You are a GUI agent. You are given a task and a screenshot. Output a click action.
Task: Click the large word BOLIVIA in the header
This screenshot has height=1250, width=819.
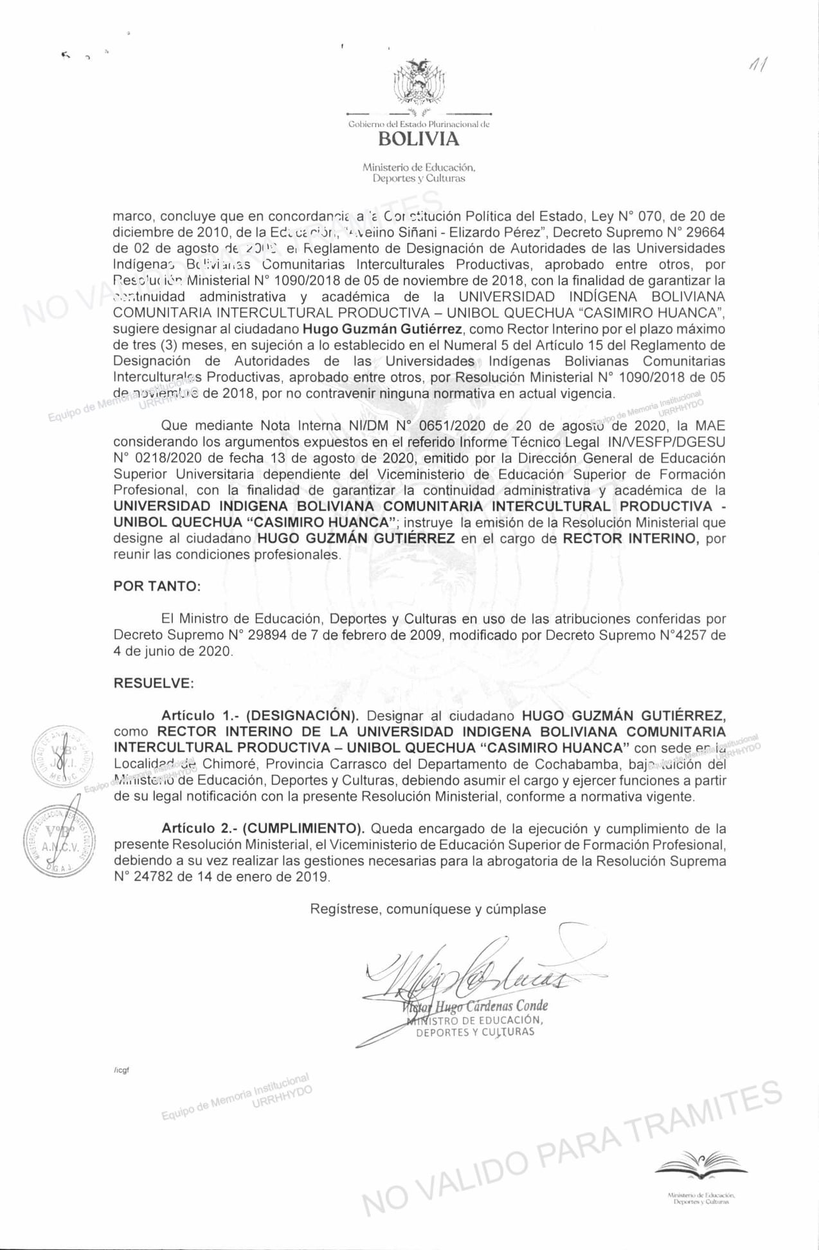[419, 139]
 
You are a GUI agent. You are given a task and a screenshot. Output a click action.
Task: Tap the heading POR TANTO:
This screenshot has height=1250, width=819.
[157, 586]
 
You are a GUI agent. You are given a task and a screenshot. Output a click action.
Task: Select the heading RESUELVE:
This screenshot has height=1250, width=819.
[154, 684]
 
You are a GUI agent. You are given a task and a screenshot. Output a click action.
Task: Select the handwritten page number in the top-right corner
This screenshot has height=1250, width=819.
[757, 64]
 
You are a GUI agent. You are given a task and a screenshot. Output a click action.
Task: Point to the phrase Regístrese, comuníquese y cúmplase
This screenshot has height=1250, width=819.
[428, 909]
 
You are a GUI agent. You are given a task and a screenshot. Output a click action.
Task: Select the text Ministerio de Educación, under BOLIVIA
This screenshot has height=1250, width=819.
[419, 168]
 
